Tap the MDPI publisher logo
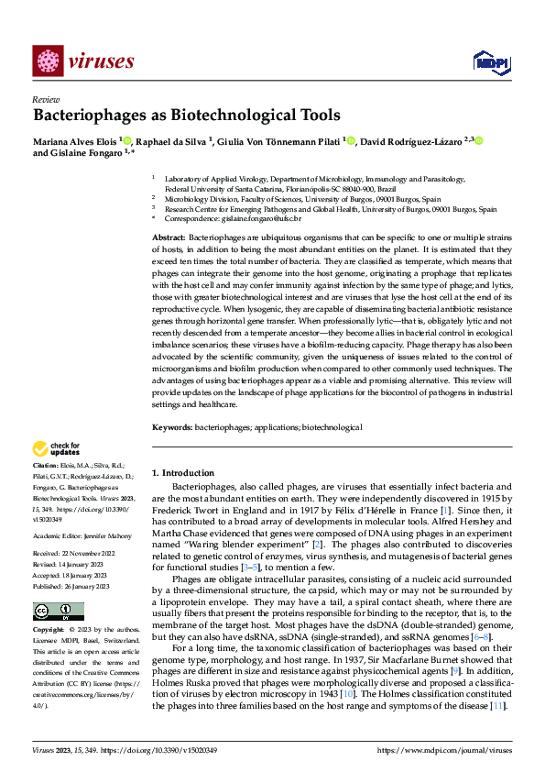click(x=488, y=61)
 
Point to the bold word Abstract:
click(x=168, y=237)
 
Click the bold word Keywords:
click(x=172, y=427)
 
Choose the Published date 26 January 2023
click(x=94, y=559)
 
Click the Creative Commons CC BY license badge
click(x=59, y=585)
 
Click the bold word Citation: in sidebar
click(x=47, y=466)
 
